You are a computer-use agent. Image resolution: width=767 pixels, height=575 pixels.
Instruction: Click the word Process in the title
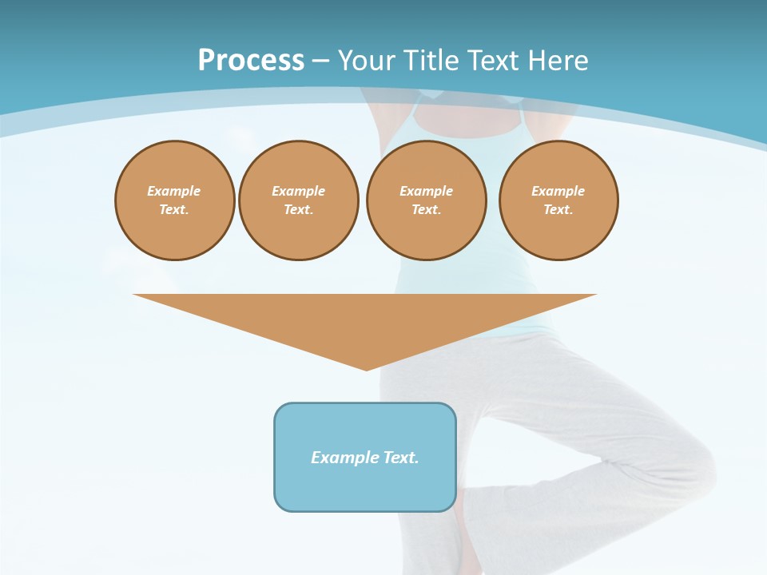(x=251, y=61)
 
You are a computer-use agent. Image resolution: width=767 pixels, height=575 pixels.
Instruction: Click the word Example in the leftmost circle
(x=174, y=191)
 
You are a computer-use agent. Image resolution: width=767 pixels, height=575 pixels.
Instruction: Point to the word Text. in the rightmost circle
(x=558, y=209)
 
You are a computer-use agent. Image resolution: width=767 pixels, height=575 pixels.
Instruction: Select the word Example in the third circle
(x=427, y=191)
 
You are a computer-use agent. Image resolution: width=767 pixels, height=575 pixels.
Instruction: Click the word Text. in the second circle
(x=299, y=209)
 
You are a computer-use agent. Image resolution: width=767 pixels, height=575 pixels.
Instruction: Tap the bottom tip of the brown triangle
(x=366, y=369)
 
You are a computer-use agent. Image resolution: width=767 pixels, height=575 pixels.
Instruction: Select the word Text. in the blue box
(x=401, y=458)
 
